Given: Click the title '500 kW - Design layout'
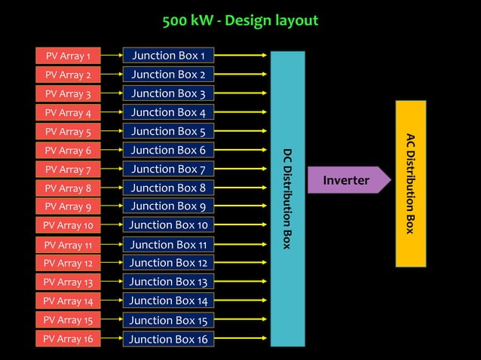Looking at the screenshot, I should coord(240,20).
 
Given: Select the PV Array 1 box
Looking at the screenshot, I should coord(68,56).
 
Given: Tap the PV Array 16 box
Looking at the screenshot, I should coord(68,339).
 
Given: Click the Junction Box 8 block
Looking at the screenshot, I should coord(168,188).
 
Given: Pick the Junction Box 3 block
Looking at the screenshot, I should coord(168,93).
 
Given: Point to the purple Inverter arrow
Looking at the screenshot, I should coord(348,180).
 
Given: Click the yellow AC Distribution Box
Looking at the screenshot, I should coord(411,183).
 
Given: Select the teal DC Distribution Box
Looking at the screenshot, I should coord(287,198).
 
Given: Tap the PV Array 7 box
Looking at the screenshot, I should coord(68,169).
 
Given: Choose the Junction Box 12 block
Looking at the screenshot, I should coord(168,263).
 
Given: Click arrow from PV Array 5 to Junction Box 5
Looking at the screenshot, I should coord(112,131).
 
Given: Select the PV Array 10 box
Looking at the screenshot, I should coord(68,225).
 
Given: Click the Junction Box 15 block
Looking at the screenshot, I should coord(168,320).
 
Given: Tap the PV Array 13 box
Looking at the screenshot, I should coord(68,282).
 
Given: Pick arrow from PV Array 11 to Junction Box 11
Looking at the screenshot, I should coord(112,245).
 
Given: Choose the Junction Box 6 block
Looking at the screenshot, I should coord(168,150).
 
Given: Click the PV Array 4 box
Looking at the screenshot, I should coord(68,112).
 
